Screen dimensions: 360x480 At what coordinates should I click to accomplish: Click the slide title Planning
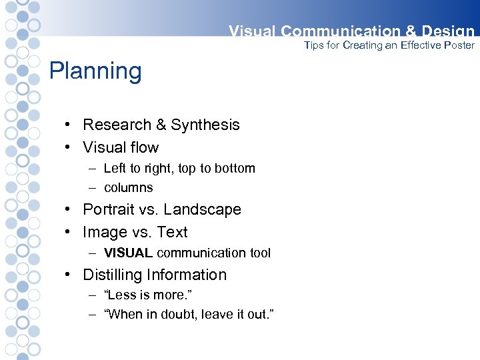click(x=95, y=71)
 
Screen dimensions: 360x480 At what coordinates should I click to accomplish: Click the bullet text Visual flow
click(x=121, y=147)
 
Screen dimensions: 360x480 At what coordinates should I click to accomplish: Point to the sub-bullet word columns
click(x=129, y=188)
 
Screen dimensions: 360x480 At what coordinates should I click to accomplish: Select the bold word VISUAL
click(x=129, y=253)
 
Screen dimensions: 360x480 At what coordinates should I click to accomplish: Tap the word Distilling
click(x=113, y=275)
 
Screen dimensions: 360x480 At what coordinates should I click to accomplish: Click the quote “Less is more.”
click(x=148, y=295)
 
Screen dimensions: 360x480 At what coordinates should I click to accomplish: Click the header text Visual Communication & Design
click(x=351, y=31)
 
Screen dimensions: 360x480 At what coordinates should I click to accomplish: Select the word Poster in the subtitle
click(x=457, y=45)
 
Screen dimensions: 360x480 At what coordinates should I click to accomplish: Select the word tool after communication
click(x=259, y=253)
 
